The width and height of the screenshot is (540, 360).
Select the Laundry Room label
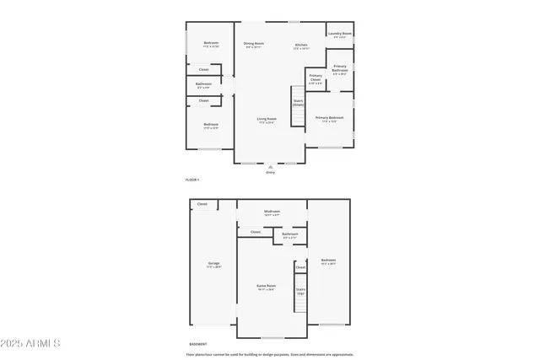click(x=340, y=35)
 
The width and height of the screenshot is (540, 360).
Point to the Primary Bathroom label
click(x=340, y=69)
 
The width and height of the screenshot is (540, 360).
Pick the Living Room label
click(x=267, y=120)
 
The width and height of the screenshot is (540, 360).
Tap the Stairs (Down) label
click(x=298, y=102)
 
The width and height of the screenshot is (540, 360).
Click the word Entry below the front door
click(x=270, y=172)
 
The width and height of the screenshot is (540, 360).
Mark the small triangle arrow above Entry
click(x=270, y=166)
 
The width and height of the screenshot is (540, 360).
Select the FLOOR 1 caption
click(x=192, y=180)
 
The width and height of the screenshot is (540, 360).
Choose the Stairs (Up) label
click(x=300, y=292)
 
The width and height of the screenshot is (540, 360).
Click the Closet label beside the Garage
click(x=202, y=204)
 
